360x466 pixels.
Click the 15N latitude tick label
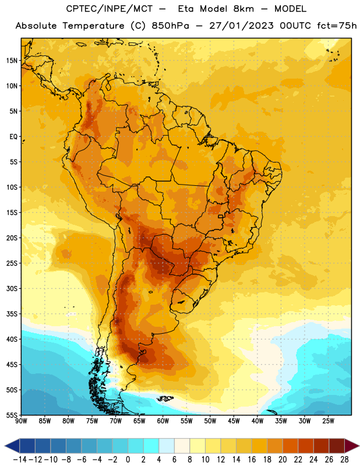[12, 61]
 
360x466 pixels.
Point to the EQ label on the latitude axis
[13, 137]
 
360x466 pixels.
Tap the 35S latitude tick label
[12, 314]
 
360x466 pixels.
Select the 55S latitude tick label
[12, 415]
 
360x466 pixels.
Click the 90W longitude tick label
[21, 421]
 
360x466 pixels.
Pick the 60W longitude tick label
[163, 421]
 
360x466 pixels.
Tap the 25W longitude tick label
[329, 421]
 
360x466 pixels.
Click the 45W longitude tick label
[234, 421]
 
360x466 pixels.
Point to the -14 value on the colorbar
[20, 460]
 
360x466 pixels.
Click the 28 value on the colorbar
[344, 460]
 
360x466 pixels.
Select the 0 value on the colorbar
[128, 460]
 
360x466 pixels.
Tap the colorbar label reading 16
[252, 460]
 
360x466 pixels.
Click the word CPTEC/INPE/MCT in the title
[110, 9]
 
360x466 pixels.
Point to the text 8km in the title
[243, 9]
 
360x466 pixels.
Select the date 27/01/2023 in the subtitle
[241, 26]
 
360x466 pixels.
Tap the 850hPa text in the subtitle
[170, 26]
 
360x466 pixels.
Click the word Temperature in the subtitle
[93, 26]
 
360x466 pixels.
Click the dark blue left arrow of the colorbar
[12, 446]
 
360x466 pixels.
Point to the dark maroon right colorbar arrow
[352, 446]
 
